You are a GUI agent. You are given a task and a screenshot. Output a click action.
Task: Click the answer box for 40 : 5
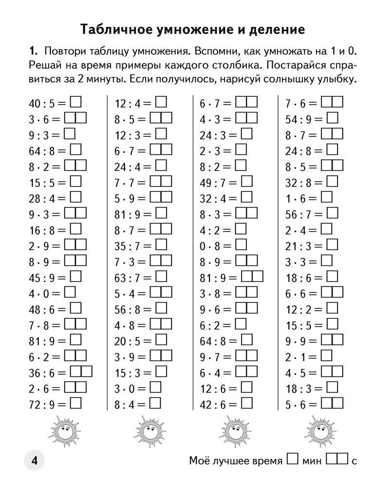(76, 102)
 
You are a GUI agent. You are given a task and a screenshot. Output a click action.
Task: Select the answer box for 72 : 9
(76, 403)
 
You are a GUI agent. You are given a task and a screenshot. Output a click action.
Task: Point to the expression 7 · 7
(127, 183)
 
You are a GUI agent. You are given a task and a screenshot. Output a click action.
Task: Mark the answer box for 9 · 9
(332, 339)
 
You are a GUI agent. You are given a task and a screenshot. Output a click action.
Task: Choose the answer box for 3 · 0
(155, 387)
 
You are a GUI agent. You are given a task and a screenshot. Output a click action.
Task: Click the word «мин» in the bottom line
(312, 461)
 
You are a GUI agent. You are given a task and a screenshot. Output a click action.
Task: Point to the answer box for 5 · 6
(332, 403)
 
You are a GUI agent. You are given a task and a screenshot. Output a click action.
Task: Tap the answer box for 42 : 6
(247, 403)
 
